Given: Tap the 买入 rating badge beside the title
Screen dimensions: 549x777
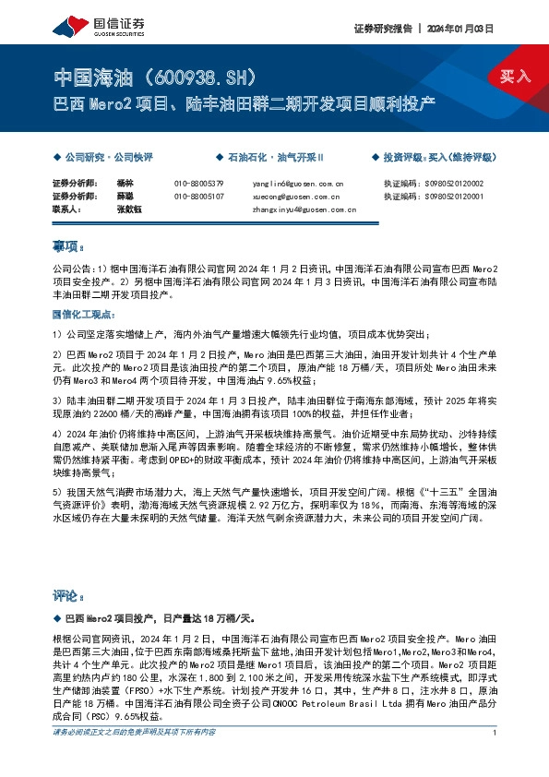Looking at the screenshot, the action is click(515, 77).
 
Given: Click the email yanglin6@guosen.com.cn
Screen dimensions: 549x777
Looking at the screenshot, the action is click(297, 184).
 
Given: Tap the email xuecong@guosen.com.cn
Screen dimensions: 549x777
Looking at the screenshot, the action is click(295, 197).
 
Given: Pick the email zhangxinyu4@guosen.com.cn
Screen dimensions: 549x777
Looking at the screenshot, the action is click(304, 209).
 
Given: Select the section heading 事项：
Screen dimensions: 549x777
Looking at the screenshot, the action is click(67, 247).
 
